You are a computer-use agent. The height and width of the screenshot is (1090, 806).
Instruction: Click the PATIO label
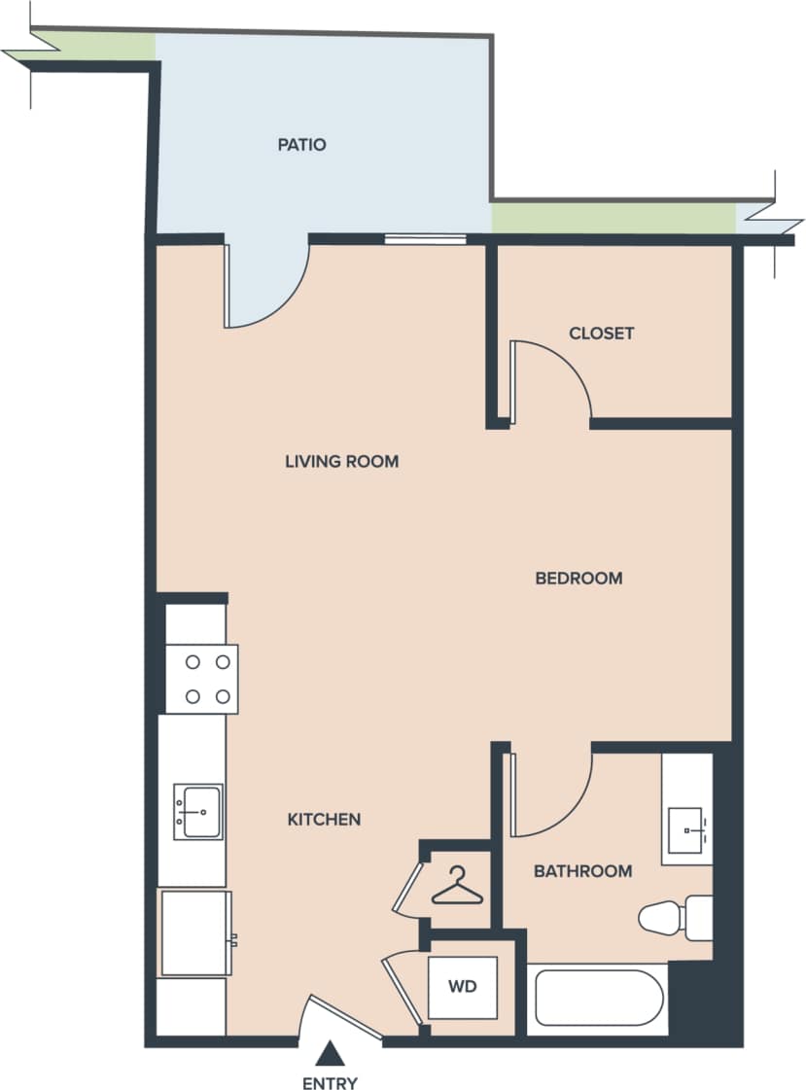[301, 145]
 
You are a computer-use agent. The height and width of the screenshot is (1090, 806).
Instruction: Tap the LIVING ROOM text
[341, 461]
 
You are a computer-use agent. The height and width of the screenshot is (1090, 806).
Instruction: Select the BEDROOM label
[578, 578]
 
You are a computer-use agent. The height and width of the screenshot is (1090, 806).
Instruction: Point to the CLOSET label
[601, 333]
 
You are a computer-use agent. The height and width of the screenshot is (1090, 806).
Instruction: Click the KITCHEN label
[324, 820]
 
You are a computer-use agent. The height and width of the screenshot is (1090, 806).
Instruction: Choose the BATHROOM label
[582, 871]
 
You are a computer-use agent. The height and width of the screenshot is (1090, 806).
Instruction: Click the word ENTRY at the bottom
[330, 1082]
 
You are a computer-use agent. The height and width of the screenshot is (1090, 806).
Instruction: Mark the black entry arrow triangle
[331, 1054]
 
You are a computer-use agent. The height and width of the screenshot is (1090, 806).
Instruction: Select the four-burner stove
[202, 679]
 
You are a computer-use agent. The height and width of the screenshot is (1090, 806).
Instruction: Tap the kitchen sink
[198, 811]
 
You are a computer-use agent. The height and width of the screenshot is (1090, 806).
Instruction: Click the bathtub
[599, 1000]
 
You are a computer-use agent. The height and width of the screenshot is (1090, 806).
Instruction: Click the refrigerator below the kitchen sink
[195, 932]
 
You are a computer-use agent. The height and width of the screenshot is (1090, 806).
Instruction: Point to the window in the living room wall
[425, 239]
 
